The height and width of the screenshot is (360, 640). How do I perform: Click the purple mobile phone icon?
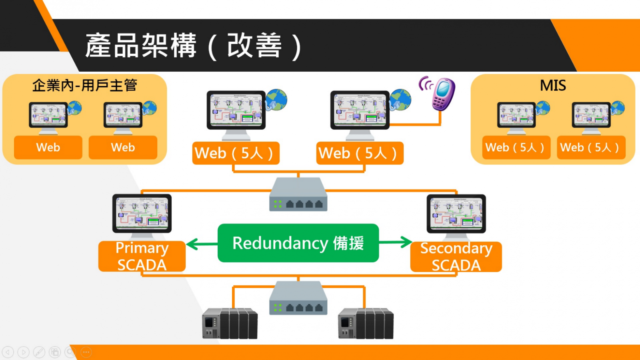pyautogui.click(x=443, y=94)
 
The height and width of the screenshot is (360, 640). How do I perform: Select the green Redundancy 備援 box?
pyautogui.click(x=298, y=243)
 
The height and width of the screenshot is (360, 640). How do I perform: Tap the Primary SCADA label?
pyautogui.click(x=142, y=256)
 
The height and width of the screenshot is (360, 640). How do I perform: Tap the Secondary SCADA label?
pyautogui.click(x=456, y=257)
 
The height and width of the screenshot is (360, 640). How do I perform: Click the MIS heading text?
pyautogui.click(x=553, y=85)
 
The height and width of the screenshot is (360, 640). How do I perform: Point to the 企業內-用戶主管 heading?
pyautogui.click(x=85, y=85)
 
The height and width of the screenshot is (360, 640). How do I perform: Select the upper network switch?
pyautogui.click(x=298, y=194)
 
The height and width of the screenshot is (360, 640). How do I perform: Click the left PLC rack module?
pyautogui.click(x=230, y=323)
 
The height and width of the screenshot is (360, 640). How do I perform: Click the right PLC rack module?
pyautogui.click(x=366, y=323)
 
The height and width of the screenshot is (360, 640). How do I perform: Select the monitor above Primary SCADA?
pyautogui.click(x=142, y=213)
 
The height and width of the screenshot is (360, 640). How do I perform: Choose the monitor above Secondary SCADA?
pyautogui.click(x=456, y=214)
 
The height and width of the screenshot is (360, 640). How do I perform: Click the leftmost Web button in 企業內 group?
pyautogui.click(x=48, y=147)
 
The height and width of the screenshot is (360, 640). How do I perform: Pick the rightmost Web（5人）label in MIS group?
pyautogui.click(x=591, y=147)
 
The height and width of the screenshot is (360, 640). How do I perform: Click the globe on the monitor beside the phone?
pyautogui.click(x=400, y=100)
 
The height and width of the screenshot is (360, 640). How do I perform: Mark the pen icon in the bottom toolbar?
pyautogui.click(x=39, y=352)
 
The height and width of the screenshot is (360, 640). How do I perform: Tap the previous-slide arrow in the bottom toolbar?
pyautogui.click(x=8, y=352)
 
